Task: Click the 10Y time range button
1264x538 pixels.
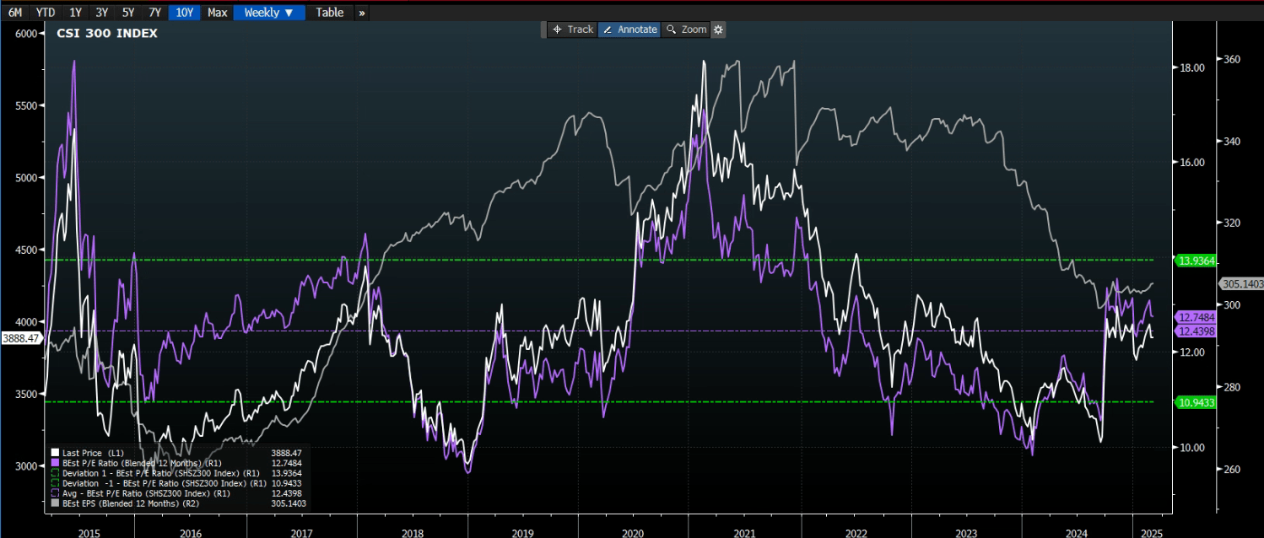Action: pos(184,13)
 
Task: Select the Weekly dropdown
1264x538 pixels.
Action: pos(269,13)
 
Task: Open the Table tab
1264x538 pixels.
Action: pos(330,13)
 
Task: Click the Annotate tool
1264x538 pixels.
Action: pos(629,30)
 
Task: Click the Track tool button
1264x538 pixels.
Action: pos(573,30)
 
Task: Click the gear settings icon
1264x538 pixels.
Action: pos(718,30)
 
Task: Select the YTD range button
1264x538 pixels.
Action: pos(46,13)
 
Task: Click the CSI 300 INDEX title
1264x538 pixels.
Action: pos(107,33)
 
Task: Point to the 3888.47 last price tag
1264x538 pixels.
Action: pos(21,338)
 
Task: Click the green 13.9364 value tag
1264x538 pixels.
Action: pos(1196,261)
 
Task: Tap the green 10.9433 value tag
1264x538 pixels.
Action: pos(1196,402)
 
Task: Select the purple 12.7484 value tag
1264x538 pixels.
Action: pos(1196,318)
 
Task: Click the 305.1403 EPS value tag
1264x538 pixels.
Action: pos(1243,284)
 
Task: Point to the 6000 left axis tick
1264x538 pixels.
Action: pos(26,34)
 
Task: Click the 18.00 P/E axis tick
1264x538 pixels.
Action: pos(1191,67)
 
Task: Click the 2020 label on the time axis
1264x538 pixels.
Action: pos(633,533)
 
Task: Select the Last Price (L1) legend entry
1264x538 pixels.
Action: pos(93,453)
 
